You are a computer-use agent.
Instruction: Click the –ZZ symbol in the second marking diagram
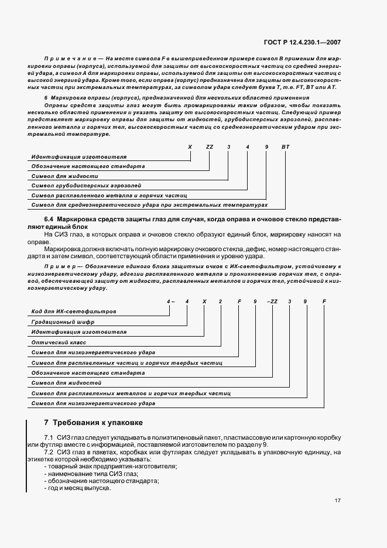click(x=272, y=301)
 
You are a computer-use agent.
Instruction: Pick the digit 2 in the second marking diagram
click(x=221, y=301)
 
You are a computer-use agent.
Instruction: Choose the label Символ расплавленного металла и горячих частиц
click(x=109, y=196)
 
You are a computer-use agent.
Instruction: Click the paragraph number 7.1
click(x=49, y=438)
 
